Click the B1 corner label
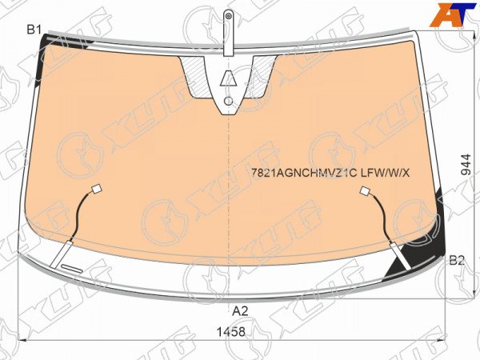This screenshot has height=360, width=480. [34, 30]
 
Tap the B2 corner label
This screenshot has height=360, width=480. [457, 261]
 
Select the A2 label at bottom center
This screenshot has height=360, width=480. [240, 311]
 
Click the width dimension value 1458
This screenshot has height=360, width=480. [231, 331]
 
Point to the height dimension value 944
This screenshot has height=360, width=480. [466, 164]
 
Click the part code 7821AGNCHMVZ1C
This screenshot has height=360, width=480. [304, 174]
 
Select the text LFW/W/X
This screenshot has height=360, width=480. [385, 174]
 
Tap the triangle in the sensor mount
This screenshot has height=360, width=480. [228, 78]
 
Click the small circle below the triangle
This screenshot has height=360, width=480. [228, 101]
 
